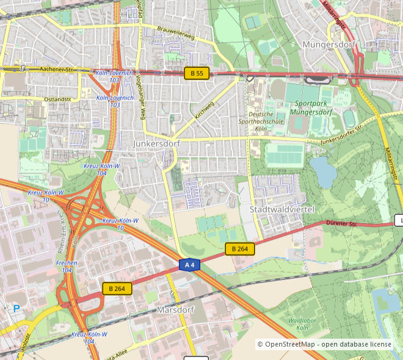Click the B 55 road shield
coord(197,73)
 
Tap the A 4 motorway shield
coord(190,264)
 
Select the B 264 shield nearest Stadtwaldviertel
coord(239,248)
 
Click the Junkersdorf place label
coord(156,143)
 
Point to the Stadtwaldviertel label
coord(282,209)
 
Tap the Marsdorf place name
coord(175,309)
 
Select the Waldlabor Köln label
coord(302,323)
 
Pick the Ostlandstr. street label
coord(62,99)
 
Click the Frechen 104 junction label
coord(67,266)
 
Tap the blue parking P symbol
coord(16,309)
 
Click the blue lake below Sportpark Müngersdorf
coord(323,171)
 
